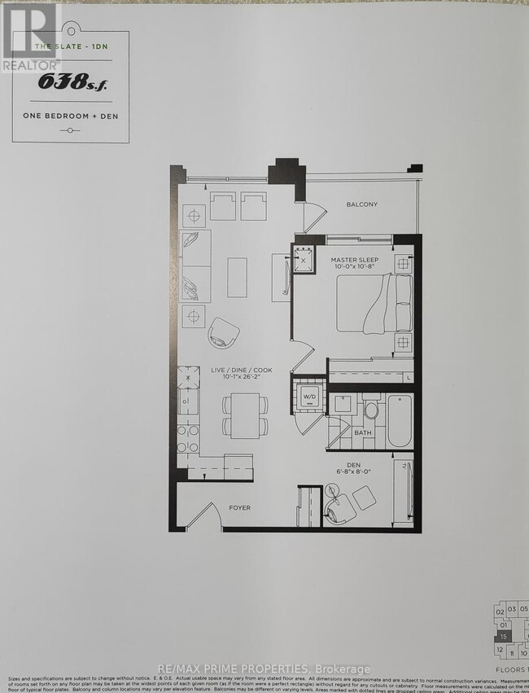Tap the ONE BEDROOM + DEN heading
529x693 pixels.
(x=69, y=116)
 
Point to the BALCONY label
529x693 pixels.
(x=361, y=205)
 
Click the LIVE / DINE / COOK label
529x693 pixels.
(x=241, y=371)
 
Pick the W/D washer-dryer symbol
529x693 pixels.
(x=309, y=397)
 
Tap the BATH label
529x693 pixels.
(x=362, y=432)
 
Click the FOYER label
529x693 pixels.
(x=239, y=508)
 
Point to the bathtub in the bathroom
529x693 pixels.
(x=399, y=420)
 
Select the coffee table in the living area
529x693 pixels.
(x=238, y=278)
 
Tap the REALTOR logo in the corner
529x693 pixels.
(x=30, y=37)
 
